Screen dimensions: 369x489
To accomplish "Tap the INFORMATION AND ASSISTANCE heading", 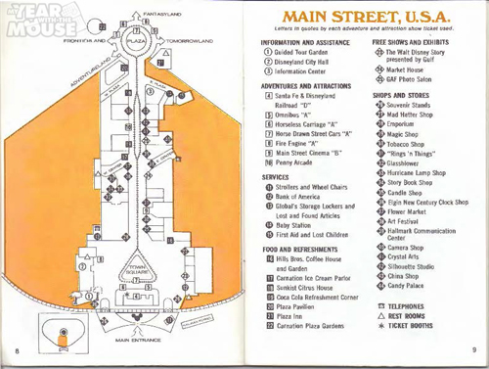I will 310,43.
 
